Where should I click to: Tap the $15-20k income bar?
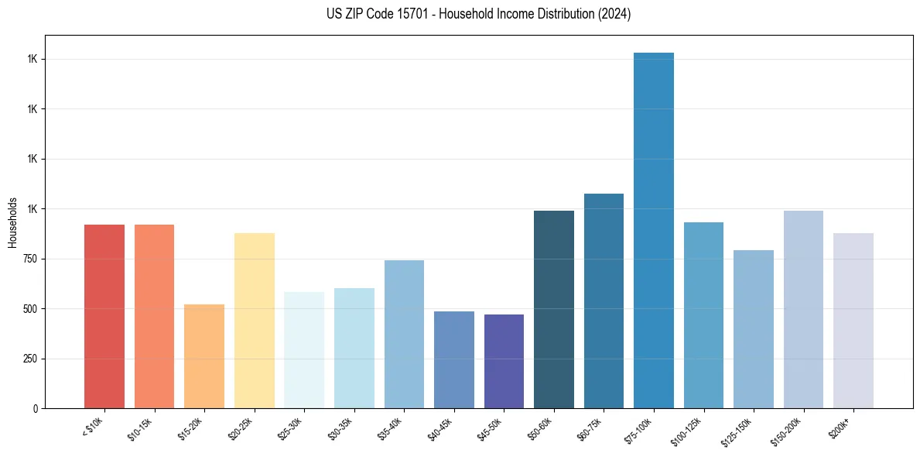[204, 356]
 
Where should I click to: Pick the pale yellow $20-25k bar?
[255, 321]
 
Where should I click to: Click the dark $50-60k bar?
[554, 309]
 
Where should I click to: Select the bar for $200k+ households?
[853, 321]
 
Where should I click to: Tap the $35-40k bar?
[404, 334]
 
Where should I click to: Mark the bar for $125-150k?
[754, 329]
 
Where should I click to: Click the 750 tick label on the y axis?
[30, 259]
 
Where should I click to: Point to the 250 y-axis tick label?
[30, 359]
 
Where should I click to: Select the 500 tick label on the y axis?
[30, 309]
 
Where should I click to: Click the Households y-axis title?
[12, 222]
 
